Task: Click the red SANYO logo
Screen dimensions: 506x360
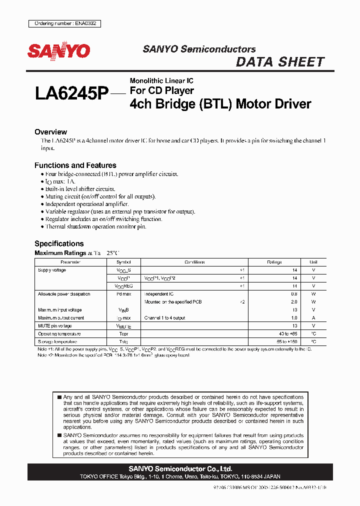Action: coord(58,51)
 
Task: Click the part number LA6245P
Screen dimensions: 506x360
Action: coord(71,93)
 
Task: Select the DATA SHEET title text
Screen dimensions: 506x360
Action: coord(279,62)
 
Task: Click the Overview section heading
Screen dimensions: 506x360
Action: coord(50,132)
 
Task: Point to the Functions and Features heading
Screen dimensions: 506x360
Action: coord(75,165)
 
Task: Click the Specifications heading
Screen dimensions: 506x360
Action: coord(58,243)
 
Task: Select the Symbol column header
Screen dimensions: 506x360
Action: coord(123,262)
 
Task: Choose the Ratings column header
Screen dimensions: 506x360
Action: coord(274,262)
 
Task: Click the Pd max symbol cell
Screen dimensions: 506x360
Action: coord(123,294)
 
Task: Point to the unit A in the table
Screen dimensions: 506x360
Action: coord(313,318)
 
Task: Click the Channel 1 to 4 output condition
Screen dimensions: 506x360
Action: coord(164,318)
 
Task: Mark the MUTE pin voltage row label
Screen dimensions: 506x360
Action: coord(55,326)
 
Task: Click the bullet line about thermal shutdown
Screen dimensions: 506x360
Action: coord(95,227)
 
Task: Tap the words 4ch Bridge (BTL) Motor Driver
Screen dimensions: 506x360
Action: coord(220,104)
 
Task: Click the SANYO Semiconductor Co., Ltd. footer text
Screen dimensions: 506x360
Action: coord(180,469)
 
